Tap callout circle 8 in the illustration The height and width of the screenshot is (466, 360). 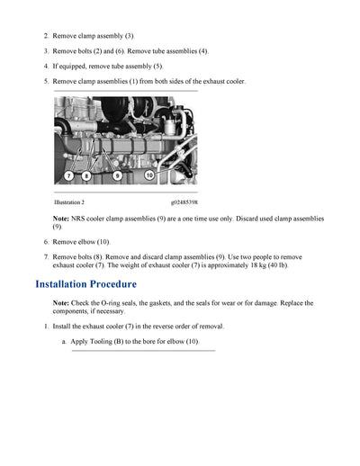click(x=85, y=176)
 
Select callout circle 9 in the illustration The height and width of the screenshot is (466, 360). click(x=118, y=176)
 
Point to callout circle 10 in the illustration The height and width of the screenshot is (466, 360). click(x=149, y=176)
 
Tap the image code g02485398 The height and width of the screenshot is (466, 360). click(x=184, y=202)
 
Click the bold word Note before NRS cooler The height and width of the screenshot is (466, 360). click(x=61, y=219)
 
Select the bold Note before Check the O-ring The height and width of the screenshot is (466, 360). click(x=61, y=302)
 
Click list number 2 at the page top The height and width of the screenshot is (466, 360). click(x=46, y=36)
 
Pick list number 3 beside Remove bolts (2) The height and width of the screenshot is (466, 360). click(x=46, y=51)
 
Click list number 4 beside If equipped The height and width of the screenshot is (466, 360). click(x=46, y=67)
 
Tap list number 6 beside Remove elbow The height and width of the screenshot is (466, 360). click(x=46, y=242)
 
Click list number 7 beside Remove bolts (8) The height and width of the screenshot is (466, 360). click(x=46, y=257)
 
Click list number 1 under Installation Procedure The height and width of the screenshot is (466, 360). click(x=46, y=327)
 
